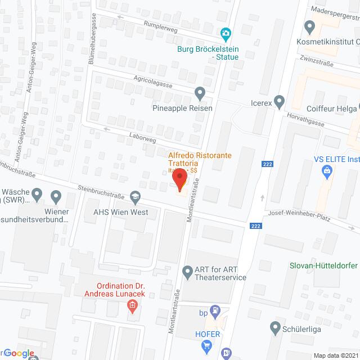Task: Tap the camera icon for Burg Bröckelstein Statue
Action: click(226, 34)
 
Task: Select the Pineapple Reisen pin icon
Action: click(199, 92)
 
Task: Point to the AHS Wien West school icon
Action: click(135, 196)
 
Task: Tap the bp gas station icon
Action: click(215, 309)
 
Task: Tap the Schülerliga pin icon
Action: click(275, 327)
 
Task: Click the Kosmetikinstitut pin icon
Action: click(309, 26)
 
